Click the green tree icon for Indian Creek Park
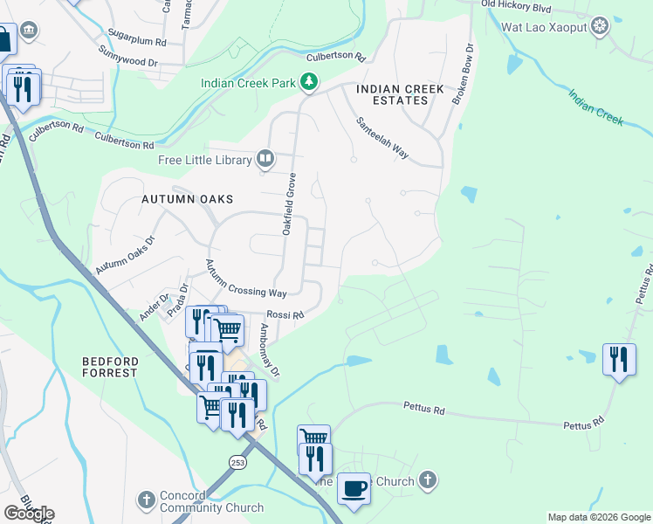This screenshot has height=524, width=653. (x=308, y=82)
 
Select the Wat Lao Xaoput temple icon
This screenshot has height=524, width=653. (x=600, y=26)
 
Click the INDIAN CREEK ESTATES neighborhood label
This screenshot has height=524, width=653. (x=400, y=95)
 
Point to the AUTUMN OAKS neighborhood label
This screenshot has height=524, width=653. (x=188, y=199)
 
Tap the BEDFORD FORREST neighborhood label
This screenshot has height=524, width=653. (x=110, y=367)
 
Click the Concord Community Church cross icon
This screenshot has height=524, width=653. (x=147, y=500)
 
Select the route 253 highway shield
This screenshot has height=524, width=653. (x=238, y=461)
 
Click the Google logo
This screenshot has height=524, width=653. (x=29, y=514)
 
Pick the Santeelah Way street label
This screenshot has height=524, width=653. (x=382, y=139)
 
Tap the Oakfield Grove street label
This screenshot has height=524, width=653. (x=288, y=203)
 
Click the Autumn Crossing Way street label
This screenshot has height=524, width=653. (x=246, y=279)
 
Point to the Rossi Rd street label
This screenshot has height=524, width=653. (x=285, y=315)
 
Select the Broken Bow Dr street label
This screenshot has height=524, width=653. (x=463, y=75)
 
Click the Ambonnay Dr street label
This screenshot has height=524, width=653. (x=269, y=350)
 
